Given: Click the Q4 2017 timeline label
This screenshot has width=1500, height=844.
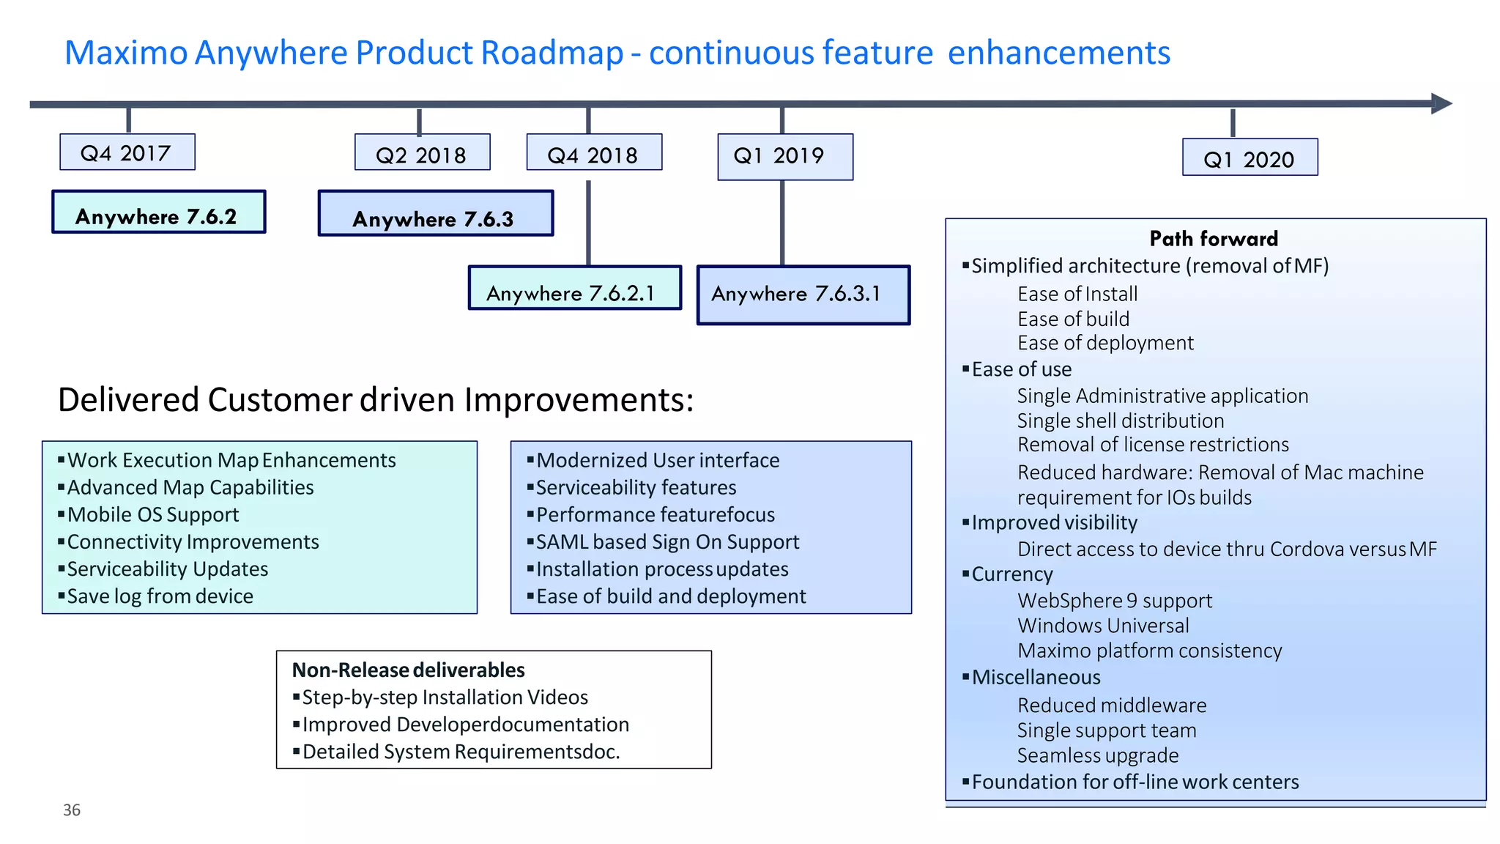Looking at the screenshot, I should point(127,152).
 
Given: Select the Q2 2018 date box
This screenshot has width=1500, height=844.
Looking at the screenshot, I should point(422,155).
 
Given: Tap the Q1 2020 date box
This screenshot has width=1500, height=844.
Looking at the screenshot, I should point(1250,158).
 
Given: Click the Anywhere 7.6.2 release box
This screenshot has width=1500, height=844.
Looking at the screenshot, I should point(158,213).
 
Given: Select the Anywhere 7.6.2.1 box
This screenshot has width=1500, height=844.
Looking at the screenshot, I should point(574,289).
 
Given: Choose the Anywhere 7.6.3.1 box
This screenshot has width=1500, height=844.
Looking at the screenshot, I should point(803,295).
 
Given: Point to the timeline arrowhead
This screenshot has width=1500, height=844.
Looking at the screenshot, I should point(1441,103).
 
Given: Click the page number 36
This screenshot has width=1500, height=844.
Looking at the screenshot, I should point(72,810).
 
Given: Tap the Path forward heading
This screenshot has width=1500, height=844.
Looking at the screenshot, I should point(1214,239).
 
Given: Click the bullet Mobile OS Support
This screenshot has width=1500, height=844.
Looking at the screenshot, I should point(153,514).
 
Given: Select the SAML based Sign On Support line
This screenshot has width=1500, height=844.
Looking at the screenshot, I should point(667,541).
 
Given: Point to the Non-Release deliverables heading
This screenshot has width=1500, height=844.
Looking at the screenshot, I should point(408,670).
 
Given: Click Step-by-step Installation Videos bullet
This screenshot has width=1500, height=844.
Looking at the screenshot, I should point(445,697).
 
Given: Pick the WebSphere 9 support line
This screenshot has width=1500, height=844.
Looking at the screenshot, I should point(1114,601).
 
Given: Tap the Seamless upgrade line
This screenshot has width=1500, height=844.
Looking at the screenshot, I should point(1097,755).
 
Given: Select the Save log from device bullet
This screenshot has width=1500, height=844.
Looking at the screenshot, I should point(160,596).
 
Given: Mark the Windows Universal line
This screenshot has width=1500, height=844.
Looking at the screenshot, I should point(1102,626).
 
